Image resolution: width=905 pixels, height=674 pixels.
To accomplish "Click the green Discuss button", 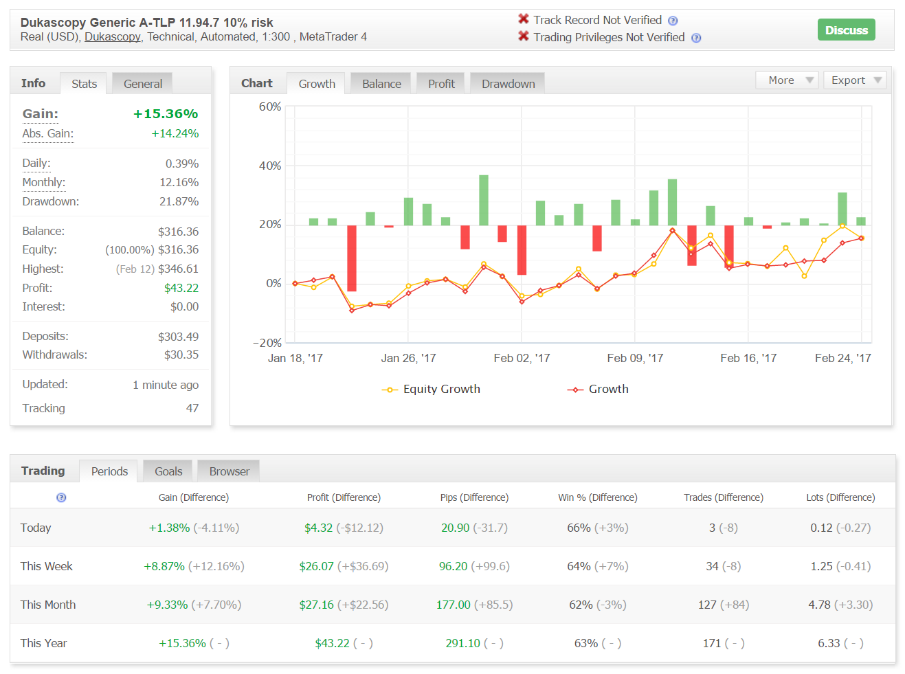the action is tap(846, 30).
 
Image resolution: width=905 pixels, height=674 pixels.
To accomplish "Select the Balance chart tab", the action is tap(381, 84).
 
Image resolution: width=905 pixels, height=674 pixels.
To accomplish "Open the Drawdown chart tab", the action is tap(508, 84).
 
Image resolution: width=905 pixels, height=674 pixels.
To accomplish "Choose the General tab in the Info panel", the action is tap(142, 84).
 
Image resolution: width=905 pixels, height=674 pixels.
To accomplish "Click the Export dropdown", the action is tap(854, 80).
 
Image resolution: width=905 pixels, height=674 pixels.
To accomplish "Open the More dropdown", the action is tap(786, 80).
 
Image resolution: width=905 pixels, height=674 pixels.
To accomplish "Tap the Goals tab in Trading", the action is tap(168, 471).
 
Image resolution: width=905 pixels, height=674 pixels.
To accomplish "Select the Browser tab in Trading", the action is tap(229, 471).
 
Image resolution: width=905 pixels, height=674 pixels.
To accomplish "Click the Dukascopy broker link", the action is tap(112, 36).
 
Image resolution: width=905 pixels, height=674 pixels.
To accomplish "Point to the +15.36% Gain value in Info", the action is tap(166, 113).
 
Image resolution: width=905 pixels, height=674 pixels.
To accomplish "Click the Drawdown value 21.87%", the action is tap(179, 201).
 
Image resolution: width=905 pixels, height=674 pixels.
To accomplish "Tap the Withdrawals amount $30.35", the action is tap(181, 355).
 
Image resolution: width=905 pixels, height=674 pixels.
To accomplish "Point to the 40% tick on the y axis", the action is tap(269, 166).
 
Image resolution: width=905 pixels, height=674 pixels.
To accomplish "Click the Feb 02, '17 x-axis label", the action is tap(522, 358).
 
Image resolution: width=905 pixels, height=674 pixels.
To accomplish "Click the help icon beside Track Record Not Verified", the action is tap(673, 21).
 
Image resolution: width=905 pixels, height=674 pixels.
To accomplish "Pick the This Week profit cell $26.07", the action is tap(316, 566).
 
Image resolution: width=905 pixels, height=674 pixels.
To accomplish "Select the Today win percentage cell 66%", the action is tap(579, 528).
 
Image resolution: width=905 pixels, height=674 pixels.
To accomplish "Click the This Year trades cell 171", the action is tap(712, 643).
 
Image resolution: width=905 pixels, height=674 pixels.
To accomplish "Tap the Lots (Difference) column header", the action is tap(840, 497).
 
